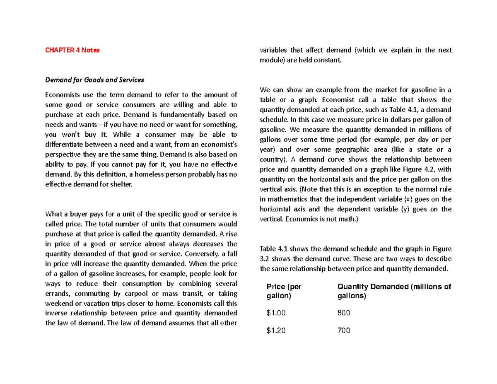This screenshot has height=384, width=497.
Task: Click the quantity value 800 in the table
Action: click(x=344, y=313)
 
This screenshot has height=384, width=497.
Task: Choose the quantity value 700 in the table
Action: click(x=344, y=331)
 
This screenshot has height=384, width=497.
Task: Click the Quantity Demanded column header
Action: click(x=394, y=292)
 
